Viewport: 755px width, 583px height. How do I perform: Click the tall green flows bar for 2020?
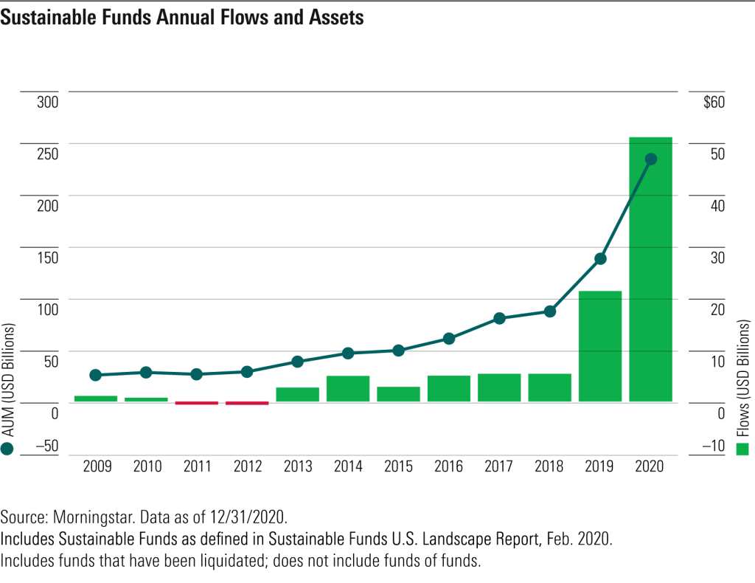[650, 269]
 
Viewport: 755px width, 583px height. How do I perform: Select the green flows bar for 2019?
[599, 346]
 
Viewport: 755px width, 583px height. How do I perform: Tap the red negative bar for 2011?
[197, 403]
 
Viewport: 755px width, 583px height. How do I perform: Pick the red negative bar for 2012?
[247, 403]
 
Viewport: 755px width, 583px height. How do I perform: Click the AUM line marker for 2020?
[650, 159]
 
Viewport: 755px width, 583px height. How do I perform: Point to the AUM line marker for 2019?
[600, 258]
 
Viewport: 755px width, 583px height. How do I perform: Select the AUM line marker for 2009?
[95, 375]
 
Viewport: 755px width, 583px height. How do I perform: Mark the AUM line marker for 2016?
[448, 339]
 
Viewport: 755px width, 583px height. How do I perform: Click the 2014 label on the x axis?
[348, 466]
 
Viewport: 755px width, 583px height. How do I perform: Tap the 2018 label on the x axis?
[549, 466]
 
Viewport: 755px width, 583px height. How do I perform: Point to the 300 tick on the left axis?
[47, 102]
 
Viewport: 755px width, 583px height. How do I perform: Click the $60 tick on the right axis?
[714, 102]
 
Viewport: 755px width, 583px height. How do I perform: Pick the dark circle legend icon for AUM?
[8, 449]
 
